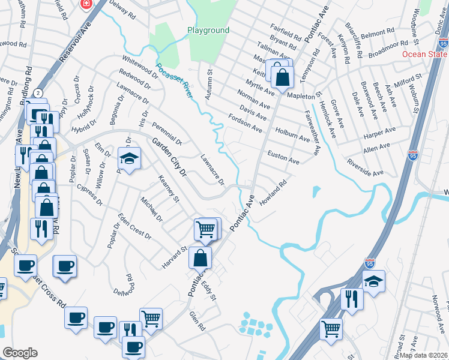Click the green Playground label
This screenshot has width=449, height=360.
[208, 30]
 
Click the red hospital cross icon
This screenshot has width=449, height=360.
[87, 4]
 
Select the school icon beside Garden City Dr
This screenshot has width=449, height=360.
[128, 158]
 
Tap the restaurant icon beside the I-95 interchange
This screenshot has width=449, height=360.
[351, 298]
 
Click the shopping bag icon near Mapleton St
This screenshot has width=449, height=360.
[282, 77]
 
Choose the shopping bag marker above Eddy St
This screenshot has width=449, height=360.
[200, 258]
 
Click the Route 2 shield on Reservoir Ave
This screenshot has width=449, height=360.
[38, 93]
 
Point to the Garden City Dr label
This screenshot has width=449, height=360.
[169, 157]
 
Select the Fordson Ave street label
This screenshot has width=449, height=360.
[244, 122]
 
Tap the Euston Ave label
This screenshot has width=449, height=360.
[283, 158]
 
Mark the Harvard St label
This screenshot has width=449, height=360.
[175, 257]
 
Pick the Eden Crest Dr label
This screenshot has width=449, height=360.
[134, 226]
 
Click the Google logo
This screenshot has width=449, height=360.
[20, 353]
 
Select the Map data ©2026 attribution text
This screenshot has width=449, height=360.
[423, 355]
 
